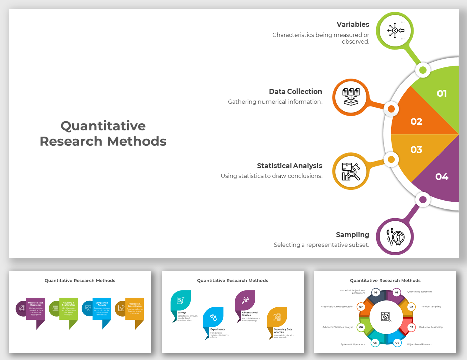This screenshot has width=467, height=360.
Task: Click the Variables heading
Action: [353, 24]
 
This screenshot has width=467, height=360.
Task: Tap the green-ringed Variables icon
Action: [395, 31]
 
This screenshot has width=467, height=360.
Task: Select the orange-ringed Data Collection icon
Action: [351, 97]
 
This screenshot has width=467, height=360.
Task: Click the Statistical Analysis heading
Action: [289, 166]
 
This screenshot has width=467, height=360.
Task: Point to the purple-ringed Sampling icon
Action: [395, 237]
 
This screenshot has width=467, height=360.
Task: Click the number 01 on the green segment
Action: [442, 93]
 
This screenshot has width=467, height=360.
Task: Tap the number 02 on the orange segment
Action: [416, 121]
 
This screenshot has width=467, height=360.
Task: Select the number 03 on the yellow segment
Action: [416, 149]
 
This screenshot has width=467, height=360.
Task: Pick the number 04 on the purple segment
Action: [442, 177]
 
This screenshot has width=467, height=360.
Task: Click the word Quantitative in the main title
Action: [103, 126]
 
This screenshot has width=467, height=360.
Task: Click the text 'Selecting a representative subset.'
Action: [321, 245]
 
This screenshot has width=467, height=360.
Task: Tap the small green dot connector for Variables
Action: [423, 70]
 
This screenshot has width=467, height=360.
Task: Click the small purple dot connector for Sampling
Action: [423, 200]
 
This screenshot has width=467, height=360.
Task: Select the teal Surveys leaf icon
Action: [181, 300]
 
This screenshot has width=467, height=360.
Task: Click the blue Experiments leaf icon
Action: [213, 317]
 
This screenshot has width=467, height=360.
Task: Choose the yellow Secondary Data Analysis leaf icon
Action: [277, 317]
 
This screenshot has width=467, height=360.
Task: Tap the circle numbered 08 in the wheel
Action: [376, 292]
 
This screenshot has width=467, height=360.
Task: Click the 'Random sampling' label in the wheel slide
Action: [431, 307]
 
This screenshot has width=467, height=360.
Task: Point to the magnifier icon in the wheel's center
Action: [386, 317]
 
